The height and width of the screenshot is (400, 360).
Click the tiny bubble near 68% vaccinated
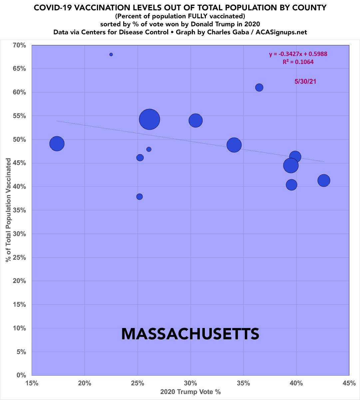[111, 54]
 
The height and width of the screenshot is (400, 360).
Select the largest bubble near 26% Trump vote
[150, 119]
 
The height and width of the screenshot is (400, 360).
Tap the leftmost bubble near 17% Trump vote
[57, 144]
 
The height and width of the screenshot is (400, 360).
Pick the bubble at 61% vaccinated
[259, 87]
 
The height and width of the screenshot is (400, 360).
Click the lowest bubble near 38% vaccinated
[140, 197]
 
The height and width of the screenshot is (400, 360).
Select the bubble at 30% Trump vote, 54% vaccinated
[195, 120]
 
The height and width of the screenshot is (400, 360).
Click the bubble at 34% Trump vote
[234, 145]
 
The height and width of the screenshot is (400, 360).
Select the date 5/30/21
[305, 81]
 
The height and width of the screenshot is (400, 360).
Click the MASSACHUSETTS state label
[190, 334]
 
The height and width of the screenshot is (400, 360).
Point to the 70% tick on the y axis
[20, 45]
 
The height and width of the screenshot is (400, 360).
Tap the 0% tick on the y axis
[21, 375]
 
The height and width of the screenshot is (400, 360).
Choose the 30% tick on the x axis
[190, 383]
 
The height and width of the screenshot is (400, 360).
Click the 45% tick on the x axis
[349, 383]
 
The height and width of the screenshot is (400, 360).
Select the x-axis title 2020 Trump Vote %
[190, 392]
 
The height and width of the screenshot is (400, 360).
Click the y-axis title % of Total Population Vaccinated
[8, 210]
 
